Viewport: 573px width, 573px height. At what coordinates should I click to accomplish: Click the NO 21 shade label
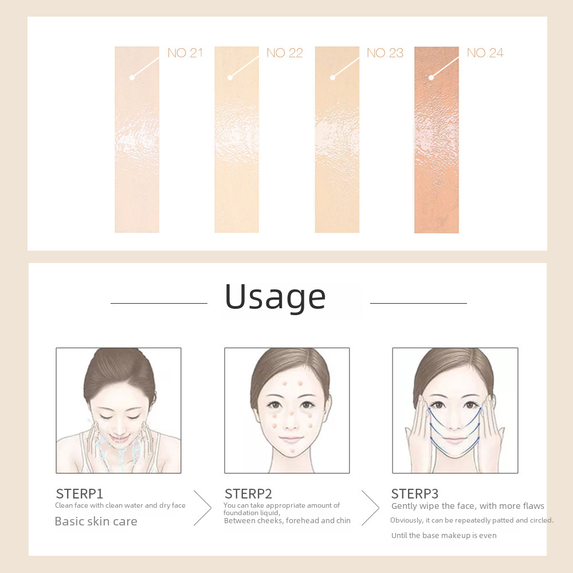pyautogui.click(x=185, y=53)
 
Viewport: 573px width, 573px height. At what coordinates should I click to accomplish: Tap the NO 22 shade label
pyautogui.click(x=285, y=53)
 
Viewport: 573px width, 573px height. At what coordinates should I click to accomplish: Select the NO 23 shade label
pyautogui.click(x=385, y=53)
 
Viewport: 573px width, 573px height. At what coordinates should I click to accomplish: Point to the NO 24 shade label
pyautogui.click(x=485, y=53)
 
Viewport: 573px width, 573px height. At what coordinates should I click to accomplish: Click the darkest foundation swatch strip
pyautogui.click(x=436, y=140)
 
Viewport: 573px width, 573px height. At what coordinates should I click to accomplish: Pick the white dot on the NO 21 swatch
pyautogui.click(x=132, y=77)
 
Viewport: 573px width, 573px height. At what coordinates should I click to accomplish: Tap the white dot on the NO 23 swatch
pyautogui.click(x=332, y=77)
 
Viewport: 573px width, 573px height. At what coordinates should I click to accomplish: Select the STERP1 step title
pyautogui.click(x=79, y=494)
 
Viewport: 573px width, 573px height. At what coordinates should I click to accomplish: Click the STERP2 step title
pyautogui.click(x=248, y=494)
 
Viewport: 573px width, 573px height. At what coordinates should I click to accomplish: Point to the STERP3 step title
pyautogui.click(x=414, y=494)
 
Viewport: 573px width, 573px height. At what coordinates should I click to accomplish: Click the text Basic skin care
pyautogui.click(x=96, y=521)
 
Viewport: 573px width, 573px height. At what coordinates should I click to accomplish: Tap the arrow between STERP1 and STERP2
pyautogui.click(x=203, y=508)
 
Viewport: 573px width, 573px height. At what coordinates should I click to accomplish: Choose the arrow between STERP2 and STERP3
pyautogui.click(x=370, y=508)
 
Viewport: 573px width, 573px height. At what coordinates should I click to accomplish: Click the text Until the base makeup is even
pyautogui.click(x=444, y=535)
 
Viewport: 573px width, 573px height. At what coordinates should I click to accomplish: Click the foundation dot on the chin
pyautogui.click(x=293, y=452)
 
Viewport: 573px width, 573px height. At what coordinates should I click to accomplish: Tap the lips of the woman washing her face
pyautogui.click(x=119, y=437)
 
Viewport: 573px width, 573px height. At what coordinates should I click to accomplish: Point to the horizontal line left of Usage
pyautogui.click(x=159, y=303)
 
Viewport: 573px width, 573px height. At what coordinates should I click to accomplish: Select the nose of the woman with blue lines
pyautogui.click(x=454, y=424)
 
